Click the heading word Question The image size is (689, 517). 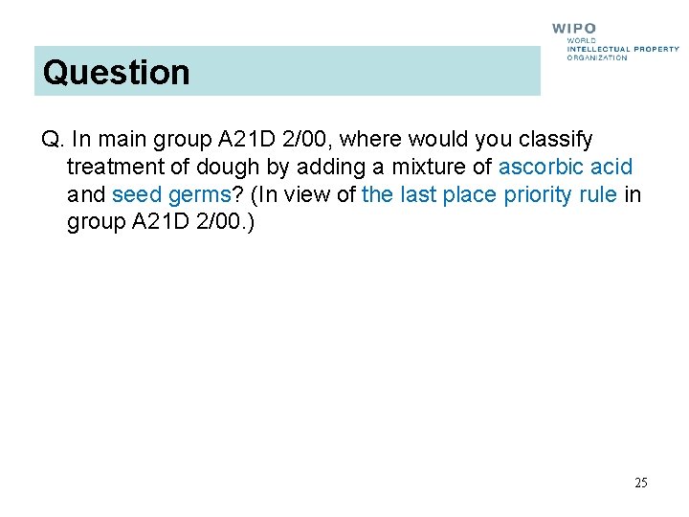click(116, 72)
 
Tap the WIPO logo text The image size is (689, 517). click(574, 29)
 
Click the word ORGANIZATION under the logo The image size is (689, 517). click(597, 57)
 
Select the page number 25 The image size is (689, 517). click(640, 483)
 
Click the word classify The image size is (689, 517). click(556, 140)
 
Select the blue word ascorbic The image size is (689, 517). click(542, 168)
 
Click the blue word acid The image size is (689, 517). click(612, 168)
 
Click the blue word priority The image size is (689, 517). click(539, 195)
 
